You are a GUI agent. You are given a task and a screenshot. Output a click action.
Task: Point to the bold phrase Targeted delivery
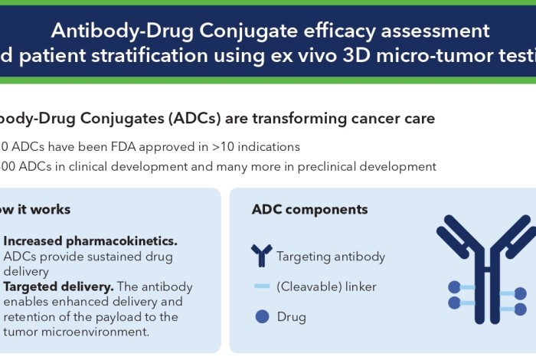tap(58, 287)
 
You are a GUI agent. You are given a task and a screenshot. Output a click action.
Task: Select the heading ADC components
tap(309, 210)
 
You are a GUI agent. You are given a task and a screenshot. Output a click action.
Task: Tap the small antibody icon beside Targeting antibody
tap(261, 256)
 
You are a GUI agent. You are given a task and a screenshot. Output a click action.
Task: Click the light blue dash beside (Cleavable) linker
tap(261, 286)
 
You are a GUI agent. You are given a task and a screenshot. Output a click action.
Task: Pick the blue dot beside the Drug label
tap(261, 316)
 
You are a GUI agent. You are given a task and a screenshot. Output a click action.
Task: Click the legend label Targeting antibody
tap(331, 257)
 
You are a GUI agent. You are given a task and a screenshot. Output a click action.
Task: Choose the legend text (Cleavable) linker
tap(326, 286)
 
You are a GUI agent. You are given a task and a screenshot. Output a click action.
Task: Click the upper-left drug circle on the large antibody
tap(454, 287)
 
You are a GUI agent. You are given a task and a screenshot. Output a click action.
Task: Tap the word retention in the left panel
tap(34, 316)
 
